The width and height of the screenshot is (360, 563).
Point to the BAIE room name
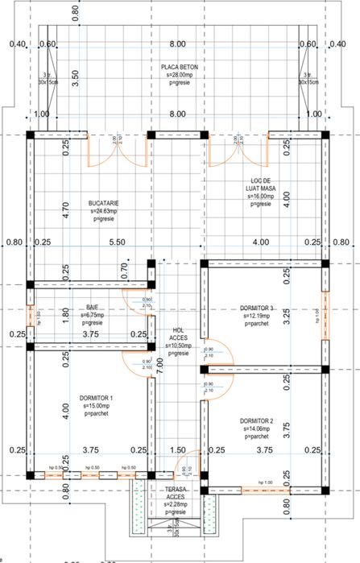pos(92,308)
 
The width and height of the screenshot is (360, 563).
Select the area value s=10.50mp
pos(178,345)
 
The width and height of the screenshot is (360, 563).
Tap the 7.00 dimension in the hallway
pos(160,363)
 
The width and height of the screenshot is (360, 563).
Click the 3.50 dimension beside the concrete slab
pos(75,78)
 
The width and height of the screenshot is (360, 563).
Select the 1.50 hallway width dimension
pos(177,451)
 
